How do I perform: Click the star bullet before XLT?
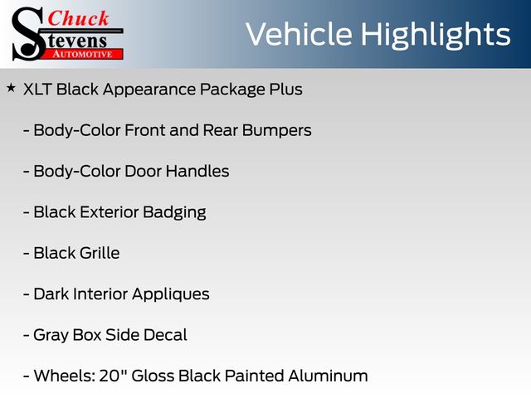11,89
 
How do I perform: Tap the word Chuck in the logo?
78,18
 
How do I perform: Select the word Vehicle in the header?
299,34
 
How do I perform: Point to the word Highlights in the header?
435,36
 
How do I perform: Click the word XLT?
37,90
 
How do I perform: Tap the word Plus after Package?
285,90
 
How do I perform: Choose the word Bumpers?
276,131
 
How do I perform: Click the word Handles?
197,172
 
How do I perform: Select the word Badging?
174,213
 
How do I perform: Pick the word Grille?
100,253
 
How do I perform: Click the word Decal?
165,335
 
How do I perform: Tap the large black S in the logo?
27,35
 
